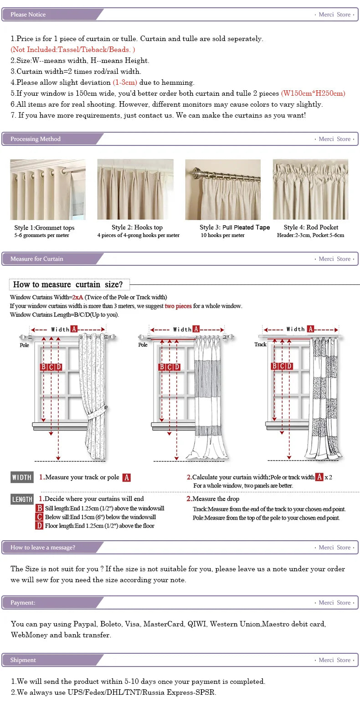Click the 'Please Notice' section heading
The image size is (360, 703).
(x=28, y=15)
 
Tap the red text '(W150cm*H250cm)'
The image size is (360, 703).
(x=313, y=93)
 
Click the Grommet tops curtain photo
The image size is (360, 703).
(x=48, y=190)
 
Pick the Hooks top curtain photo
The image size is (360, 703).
(x=135, y=190)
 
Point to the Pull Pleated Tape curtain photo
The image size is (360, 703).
(x=223, y=190)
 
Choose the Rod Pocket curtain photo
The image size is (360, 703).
(x=310, y=190)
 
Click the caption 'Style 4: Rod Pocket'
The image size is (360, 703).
(x=311, y=227)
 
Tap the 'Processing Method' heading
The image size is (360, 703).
(x=36, y=139)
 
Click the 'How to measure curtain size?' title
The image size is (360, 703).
(x=68, y=284)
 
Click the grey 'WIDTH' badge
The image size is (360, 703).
(x=22, y=477)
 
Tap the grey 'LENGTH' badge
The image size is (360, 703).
(x=22, y=499)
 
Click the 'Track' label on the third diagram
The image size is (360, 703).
(x=260, y=345)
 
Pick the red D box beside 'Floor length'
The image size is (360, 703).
(x=40, y=526)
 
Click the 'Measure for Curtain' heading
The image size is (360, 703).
(x=37, y=259)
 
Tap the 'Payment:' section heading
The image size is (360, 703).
(x=23, y=603)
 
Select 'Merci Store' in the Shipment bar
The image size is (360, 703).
(x=334, y=660)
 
